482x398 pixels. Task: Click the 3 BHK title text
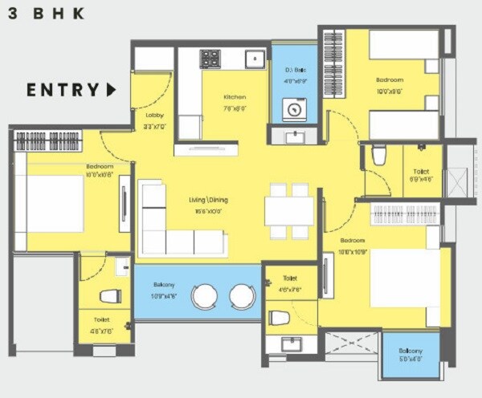[x=47, y=13]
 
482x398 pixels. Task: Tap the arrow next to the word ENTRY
[x=111, y=89]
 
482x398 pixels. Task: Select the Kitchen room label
[x=235, y=98]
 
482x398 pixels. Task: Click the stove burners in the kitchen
[x=210, y=59]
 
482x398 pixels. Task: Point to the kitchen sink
[x=255, y=58]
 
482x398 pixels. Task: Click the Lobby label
[x=154, y=104]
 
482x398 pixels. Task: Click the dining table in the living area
[x=289, y=211]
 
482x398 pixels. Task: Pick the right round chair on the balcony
[x=242, y=296]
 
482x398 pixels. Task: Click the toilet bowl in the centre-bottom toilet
[x=279, y=318]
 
